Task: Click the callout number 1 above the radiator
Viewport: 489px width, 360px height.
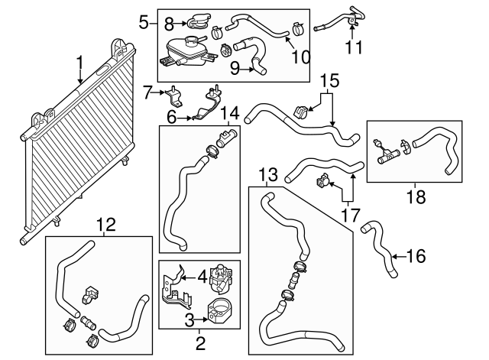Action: [79, 61]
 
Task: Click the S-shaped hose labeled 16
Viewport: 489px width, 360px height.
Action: [381, 249]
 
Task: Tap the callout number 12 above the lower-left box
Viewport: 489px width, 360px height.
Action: [107, 225]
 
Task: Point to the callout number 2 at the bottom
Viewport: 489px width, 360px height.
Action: [199, 343]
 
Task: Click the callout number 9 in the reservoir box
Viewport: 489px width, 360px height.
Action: [235, 69]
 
